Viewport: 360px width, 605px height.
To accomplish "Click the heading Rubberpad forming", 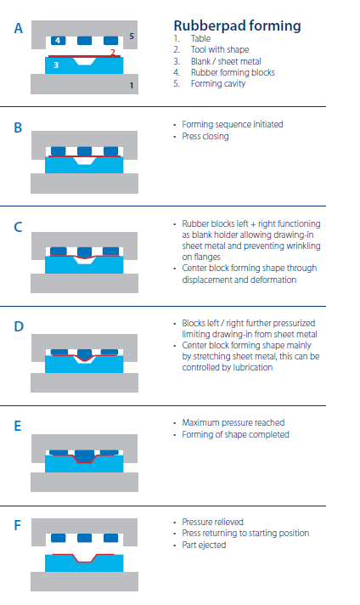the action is pos(237,25).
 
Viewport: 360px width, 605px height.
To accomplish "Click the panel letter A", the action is pos(19,29).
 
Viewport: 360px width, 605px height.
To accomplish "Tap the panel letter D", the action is pos(19,327).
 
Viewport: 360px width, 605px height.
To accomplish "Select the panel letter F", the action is pos(17,525).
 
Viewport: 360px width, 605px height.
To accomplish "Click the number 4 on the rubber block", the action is pos(58,41).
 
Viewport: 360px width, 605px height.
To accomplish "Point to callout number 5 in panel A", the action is pos(132,37).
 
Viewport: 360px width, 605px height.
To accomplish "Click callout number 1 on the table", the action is pos(132,85).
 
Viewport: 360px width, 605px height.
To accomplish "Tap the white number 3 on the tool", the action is pos(56,65).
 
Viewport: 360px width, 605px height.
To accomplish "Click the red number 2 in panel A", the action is pos(113,52).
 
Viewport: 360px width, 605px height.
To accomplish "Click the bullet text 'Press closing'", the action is pos(205,136).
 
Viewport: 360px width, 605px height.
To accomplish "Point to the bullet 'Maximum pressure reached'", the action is pos(233,423).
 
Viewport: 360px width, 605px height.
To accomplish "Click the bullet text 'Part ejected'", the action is pos(204,546).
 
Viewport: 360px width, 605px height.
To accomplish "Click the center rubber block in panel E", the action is pos(84,455).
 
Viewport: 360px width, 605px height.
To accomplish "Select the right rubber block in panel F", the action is pos(111,538).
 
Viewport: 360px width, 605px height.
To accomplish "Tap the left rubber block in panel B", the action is pos(59,151).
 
